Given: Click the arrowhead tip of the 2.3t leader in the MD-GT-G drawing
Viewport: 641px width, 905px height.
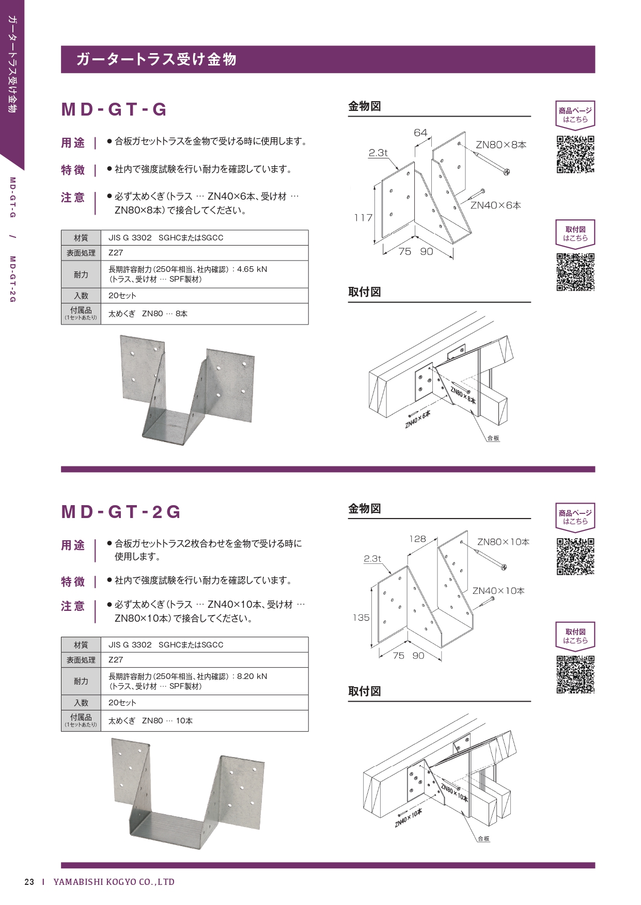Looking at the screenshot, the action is point(398,171).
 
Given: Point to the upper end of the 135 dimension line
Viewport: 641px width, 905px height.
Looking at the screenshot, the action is point(372,588).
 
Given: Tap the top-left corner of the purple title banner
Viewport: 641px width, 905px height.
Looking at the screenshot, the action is point(61,46).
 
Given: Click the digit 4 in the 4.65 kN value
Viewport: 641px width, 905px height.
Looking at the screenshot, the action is point(239,269).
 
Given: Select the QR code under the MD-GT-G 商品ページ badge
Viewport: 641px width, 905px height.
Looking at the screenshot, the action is point(575,154).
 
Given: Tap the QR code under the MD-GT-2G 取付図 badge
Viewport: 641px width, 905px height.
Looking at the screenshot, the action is point(575,674).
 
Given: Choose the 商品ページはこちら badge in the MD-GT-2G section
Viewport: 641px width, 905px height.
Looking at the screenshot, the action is point(575,516).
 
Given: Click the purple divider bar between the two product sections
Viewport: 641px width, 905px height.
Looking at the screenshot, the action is point(328,470).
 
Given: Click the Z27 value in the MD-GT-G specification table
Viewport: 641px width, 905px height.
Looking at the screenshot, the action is point(116,253).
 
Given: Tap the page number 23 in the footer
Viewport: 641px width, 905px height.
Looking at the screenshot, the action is point(29,882).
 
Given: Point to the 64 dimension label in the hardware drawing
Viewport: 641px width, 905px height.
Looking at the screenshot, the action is point(420,133).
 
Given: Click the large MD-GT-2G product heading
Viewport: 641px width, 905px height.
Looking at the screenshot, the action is point(121,512).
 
